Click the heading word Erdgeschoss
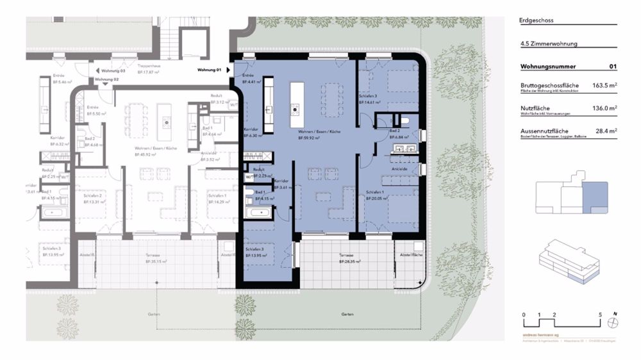(x=537, y=20)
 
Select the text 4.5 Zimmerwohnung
(x=549, y=44)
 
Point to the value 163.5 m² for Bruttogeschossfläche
(x=604, y=85)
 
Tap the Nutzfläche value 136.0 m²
(x=604, y=108)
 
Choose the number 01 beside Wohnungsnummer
(x=613, y=66)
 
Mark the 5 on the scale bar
(x=599, y=315)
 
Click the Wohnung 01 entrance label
(x=209, y=69)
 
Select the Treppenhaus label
(x=148, y=66)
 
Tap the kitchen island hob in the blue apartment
(x=295, y=109)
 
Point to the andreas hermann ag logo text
(x=538, y=335)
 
